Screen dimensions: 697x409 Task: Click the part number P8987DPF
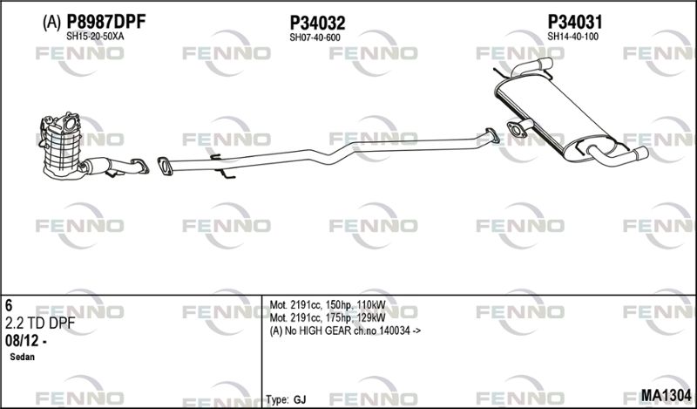105,21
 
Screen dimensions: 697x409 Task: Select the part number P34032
317,23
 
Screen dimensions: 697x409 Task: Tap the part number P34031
574,21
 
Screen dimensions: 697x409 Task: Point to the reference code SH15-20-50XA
95,37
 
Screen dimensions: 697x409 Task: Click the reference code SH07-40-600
315,37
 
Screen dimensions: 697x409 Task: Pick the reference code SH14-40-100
572,37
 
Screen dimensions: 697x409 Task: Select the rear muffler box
556,116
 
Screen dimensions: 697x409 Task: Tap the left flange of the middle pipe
165,166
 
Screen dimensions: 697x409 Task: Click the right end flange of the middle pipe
492,136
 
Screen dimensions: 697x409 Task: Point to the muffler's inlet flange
516,130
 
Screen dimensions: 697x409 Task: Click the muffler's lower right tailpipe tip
641,153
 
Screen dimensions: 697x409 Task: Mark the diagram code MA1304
666,395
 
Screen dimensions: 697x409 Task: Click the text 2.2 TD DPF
40,324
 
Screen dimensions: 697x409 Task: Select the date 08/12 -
26,341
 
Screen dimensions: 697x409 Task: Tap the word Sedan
23,357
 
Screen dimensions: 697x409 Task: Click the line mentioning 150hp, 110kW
328,305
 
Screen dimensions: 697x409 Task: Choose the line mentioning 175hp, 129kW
328,317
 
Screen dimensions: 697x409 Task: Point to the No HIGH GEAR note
345,331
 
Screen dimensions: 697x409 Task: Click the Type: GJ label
287,399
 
